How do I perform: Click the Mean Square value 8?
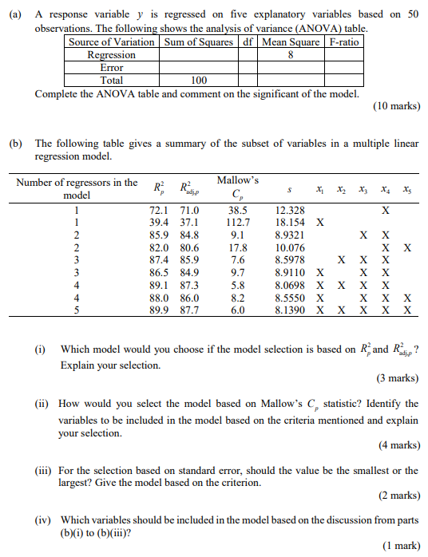tap(291, 55)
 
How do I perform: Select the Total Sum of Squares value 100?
tap(199, 80)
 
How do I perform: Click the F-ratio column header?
tap(344, 42)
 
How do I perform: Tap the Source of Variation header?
tap(112, 42)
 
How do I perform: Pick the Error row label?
tap(112, 68)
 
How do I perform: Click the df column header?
tap(248, 42)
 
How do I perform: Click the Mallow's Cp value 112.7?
tap(238, 223)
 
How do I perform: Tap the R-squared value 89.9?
tap(163, 310)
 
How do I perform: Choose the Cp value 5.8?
tap(238, 285)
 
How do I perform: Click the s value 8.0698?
tap(290, 285)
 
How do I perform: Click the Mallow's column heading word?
tap(237, 180)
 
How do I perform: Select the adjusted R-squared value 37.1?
tap(190, 223)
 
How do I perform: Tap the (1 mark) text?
tap(402, 545)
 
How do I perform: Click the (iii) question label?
tap(45, 471)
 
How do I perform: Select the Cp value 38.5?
tap(238, 210)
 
